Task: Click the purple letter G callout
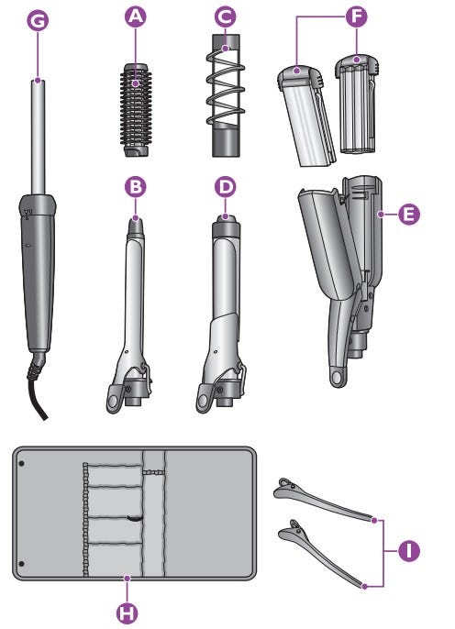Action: point(38,21)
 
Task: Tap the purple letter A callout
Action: point(136,17)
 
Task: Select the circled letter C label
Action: point(225,17)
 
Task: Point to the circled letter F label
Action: point(356,17)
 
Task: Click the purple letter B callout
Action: point(136,187)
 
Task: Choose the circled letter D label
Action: point(226,187)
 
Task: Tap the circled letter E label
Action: point(409,215)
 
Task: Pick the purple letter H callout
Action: point(128,612)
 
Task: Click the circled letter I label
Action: point(409,550)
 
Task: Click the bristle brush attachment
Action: point(136,110)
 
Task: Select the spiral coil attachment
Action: point(226,95)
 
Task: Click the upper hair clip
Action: point(323,499)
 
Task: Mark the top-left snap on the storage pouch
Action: point(22,464)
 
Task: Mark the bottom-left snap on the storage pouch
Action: point(22,564)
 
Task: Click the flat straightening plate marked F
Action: point(307,116)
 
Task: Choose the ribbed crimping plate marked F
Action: point(357,105)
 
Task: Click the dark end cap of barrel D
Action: point(226,226)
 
